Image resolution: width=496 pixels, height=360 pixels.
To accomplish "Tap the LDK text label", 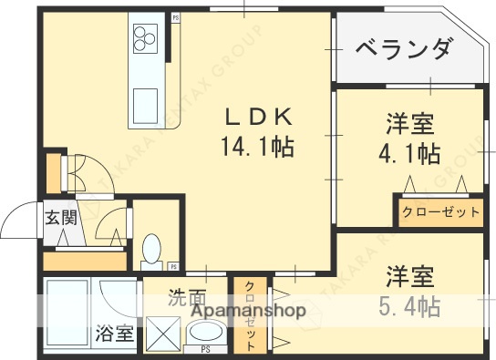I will pos(259,118).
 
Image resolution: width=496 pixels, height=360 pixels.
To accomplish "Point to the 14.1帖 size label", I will pos(259,145).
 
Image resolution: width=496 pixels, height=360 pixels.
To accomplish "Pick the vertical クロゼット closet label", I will pos(248,315).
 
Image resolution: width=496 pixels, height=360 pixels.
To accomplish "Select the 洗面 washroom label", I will pos(187,296).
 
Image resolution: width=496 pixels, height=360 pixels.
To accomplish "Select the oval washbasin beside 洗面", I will pos(206,332).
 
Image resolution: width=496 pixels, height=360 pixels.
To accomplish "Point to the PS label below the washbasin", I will pos(206,350).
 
